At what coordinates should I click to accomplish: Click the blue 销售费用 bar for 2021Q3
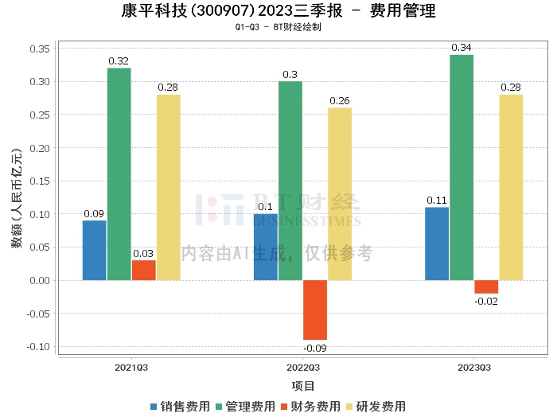94,250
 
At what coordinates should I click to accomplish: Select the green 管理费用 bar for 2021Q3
119,174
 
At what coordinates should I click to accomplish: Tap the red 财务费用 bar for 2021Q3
143,270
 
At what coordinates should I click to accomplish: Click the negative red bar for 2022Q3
315,310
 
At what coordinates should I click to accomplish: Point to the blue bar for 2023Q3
437,244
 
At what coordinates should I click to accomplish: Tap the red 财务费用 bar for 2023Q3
486,286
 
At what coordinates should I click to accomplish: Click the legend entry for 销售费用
180,406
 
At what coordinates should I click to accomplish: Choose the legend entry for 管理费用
245,406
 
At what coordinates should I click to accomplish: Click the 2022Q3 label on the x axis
303,368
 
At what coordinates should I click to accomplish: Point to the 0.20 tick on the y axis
41,148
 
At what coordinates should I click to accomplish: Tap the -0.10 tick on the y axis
39,347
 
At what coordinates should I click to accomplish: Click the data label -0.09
315,348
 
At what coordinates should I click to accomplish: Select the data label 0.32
119,60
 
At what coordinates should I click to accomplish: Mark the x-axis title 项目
303,386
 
